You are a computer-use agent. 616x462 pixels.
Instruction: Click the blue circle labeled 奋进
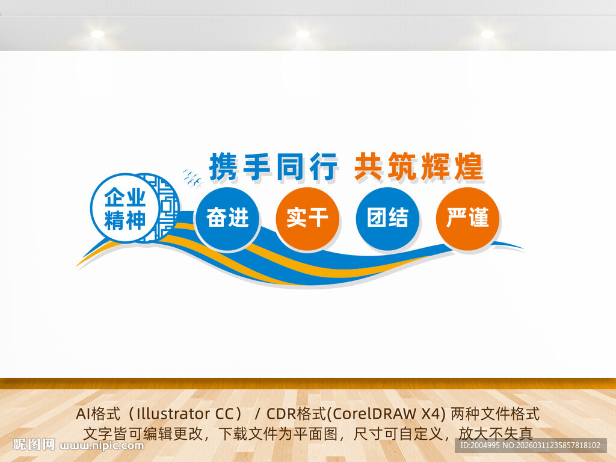pos(227,219)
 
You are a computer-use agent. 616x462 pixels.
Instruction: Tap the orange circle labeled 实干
pos(307,219)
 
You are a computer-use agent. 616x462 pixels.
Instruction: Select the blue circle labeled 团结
pos(387,219)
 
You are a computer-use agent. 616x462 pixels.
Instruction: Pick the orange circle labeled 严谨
pos(467,219)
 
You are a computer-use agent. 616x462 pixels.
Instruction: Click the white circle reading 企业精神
pos(125,208)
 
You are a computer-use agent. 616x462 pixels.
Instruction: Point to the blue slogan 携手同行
pos(273,167)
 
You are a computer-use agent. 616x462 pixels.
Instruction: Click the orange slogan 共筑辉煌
pos(419,167)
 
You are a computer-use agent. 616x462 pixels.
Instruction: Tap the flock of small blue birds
pos(192,177)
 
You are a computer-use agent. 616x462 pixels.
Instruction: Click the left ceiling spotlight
pos(97,34)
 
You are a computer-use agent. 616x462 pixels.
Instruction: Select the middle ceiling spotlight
pos(303,34)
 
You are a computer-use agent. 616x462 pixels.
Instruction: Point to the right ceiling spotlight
pos(487,34)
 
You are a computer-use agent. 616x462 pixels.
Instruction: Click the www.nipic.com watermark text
pos(102,446)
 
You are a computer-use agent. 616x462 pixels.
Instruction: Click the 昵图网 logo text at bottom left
pos(34,445)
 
